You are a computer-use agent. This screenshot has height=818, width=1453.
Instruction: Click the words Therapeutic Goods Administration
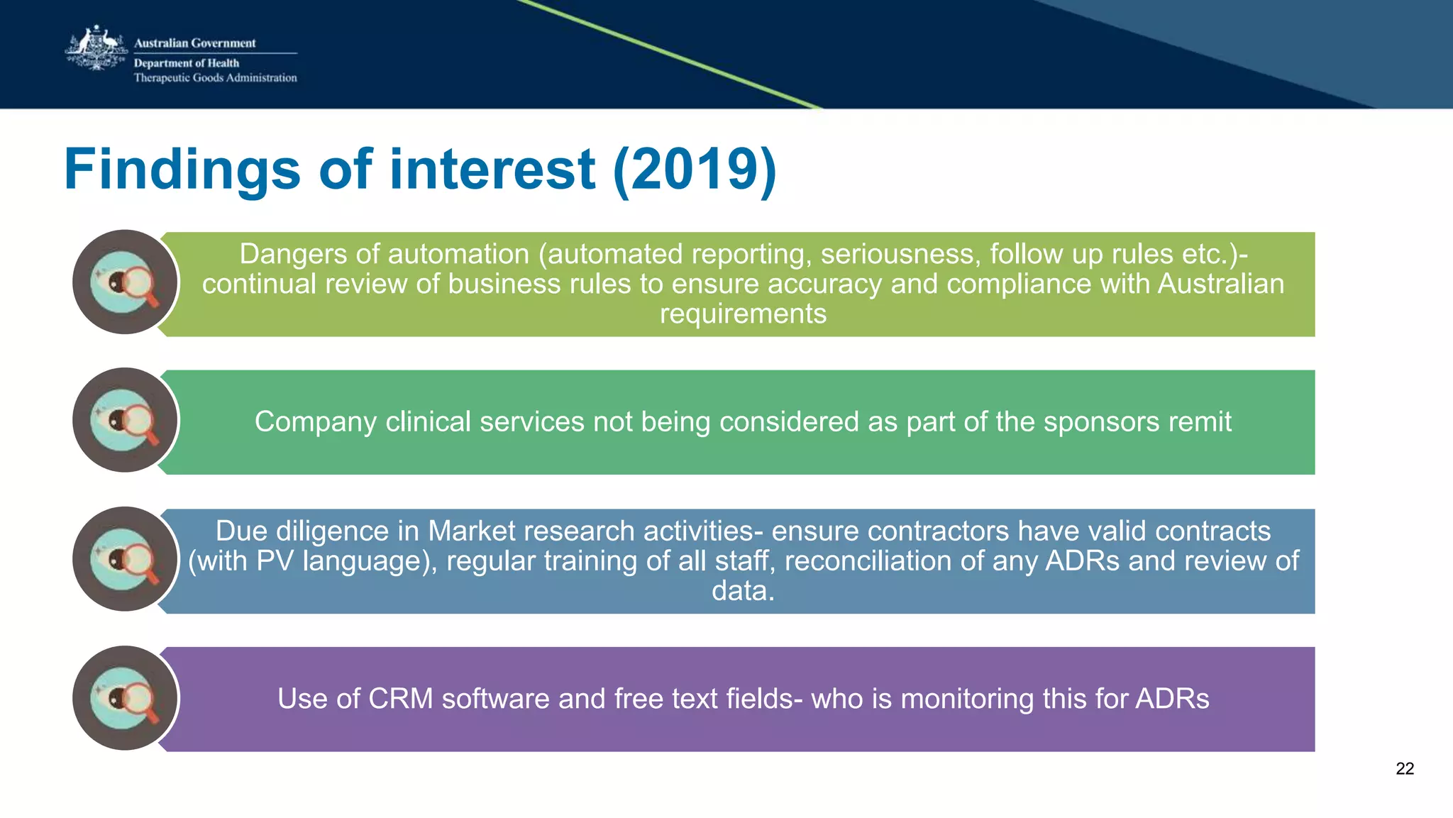[x=215, y=78]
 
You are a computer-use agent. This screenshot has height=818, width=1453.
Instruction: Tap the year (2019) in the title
[x=695, y=170]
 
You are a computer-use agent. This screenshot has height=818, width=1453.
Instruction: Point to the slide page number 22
[x=1404, y=768]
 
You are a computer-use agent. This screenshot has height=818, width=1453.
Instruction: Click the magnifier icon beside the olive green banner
[x=126, y=282]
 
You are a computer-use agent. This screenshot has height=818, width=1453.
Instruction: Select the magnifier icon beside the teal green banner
[x=126, y=420]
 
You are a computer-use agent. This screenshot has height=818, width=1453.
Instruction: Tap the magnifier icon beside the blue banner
[x=126, y=559]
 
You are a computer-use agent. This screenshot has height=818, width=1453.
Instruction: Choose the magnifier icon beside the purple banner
[x=126, y=698]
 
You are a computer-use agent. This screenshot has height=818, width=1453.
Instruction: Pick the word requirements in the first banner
[x=743, y=314]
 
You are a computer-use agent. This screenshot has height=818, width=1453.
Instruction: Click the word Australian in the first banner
[x=1220, y=284]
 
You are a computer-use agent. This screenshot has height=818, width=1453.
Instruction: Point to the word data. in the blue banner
[x=743, y=590]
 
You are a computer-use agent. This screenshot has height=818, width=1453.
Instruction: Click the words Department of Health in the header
[x=187, y=63]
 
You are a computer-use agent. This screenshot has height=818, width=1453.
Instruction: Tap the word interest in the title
[x=492, y=170]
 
